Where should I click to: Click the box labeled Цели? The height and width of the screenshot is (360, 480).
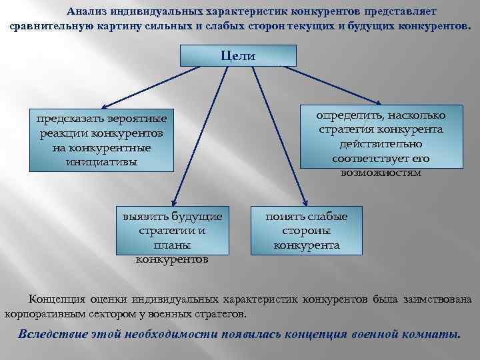click(x=238, y=55)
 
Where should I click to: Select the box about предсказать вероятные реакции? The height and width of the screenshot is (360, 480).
click(x=101, y=140)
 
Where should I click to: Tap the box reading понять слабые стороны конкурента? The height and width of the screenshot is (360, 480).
click(x=306, y=231)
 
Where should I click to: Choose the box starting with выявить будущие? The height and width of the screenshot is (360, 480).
click(x=171, y=232)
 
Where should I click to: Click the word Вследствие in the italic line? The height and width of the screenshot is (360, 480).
click(x=51, y=333)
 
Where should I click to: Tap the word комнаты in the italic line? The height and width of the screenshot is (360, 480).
click(x=434, y=333)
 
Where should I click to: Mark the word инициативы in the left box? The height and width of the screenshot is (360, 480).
click(x=101, y=161)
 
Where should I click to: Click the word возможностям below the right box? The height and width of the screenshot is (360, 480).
click(x=381, y=172)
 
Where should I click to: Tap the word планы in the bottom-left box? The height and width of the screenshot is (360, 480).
click(x=171, y=245)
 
